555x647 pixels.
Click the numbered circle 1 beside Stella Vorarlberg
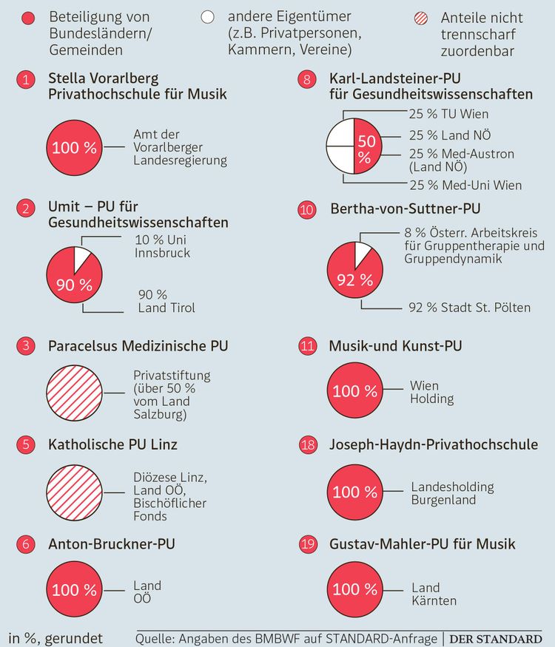[x=27, y=80]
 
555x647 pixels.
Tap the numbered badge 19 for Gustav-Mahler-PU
[x=308, y=544]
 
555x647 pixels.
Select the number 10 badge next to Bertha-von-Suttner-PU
[x=308, y=210]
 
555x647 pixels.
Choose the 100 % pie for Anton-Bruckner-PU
[x=74, y=589]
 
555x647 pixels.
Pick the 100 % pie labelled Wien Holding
[x=355, y=391]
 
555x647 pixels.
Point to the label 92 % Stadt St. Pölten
[x=469, y=307]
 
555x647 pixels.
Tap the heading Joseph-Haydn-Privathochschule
[x=434, y=445]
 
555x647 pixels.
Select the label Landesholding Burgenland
[x=452, y=494]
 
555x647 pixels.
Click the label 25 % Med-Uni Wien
[x=465, y=185]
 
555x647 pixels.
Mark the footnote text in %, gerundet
[x=55, y=638]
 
